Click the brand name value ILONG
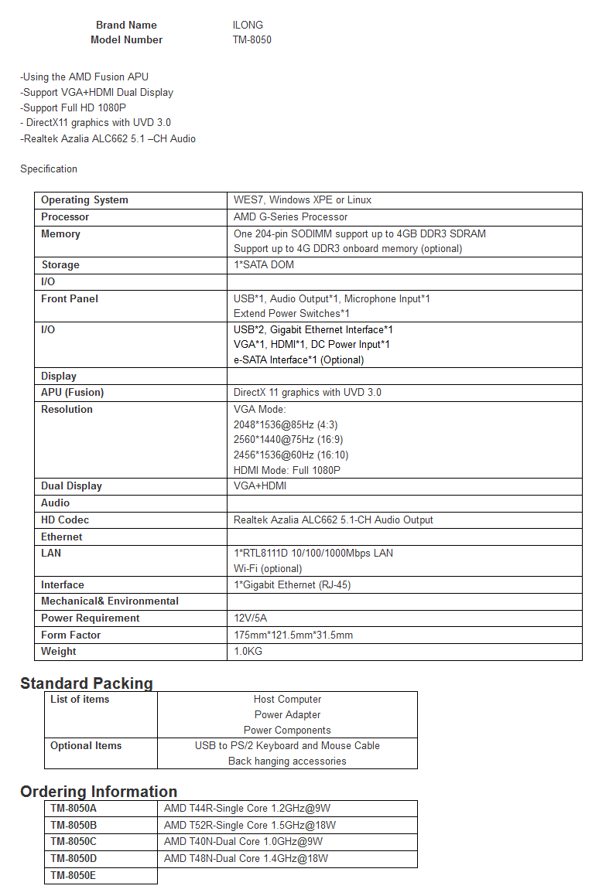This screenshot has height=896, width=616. coord(248,25)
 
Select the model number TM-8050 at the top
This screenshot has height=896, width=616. coord(252,39)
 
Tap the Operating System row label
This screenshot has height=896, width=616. coord(84,199)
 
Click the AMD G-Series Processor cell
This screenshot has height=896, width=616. coord(290,216)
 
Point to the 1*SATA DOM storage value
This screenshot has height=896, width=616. coord(263,264)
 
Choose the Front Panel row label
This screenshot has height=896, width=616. coord(70,298)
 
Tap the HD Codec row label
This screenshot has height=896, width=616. coord(65,520)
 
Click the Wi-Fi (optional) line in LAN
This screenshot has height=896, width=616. coord(268,568)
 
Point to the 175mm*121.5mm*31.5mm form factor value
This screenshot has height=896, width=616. coord(293,635)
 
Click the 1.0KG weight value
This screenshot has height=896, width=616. coord(248,651)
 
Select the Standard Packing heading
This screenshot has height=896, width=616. coord(87,683)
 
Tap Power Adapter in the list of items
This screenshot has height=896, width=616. coord(287,714)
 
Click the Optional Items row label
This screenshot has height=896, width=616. coord(86,745)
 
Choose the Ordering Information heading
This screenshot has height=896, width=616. coord(99,791)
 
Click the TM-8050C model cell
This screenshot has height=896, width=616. coord(74,841)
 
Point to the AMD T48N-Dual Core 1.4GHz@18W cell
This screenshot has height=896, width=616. coord(246,858)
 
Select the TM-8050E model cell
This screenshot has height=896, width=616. coord(74,875)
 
